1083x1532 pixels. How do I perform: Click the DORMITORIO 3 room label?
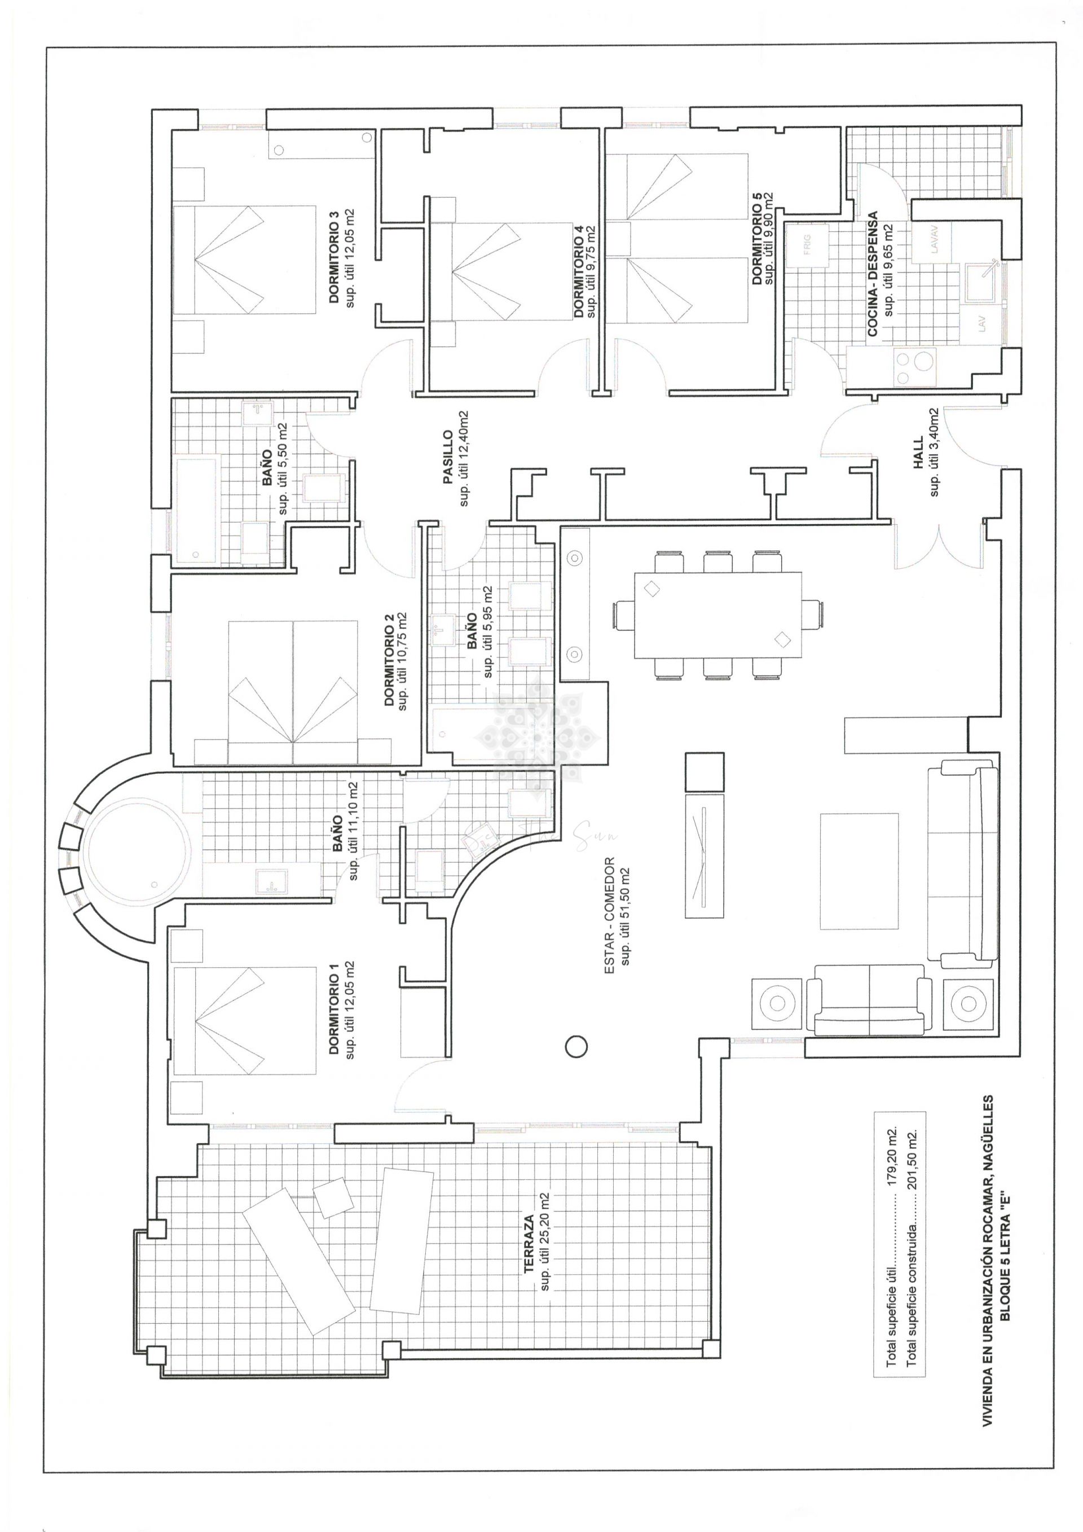(334, 257)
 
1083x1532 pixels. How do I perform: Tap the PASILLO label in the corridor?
(448, 458)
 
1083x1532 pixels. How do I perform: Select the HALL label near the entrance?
(918, 453)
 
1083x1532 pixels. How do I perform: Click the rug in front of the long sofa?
(859, 871)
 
